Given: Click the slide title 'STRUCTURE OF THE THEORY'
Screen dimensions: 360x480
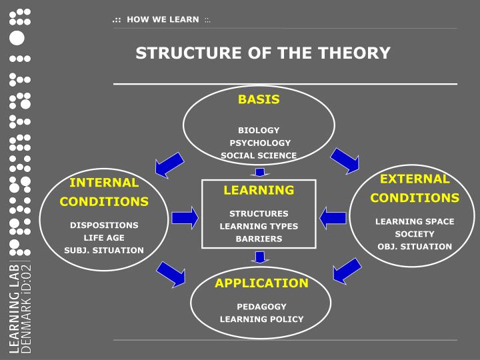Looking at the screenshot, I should tap(263, 53).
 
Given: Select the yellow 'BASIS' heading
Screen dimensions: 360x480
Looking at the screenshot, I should tap(259, 100).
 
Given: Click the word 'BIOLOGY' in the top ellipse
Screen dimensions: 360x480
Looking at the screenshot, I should tap(259, 130).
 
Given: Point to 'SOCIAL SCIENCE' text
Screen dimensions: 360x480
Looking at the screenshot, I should tap(259, 155).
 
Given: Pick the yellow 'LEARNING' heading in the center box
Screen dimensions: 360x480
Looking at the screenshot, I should tap(259, 190).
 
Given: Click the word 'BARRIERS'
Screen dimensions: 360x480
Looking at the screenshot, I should tap(259, 238).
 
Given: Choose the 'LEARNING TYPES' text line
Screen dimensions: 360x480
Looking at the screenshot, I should tap(259, 226).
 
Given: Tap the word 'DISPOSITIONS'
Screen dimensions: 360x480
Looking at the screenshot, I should tap(104, 225).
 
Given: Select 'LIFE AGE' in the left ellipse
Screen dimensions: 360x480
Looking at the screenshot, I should tap(104, 237).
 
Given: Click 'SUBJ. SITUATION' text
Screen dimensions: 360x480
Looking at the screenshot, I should tap(104, 250).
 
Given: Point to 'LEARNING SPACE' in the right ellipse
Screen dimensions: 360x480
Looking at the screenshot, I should tap(415, 221).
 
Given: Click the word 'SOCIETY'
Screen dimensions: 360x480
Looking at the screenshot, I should tap(415, 234).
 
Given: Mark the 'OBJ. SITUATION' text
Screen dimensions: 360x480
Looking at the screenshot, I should tap(415, 247).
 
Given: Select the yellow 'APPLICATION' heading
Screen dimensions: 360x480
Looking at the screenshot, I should tap(261, 283).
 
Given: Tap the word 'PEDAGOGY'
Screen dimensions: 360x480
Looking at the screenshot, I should tap(261, 307).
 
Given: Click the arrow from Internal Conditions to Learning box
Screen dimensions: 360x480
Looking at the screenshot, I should tap(185, 217).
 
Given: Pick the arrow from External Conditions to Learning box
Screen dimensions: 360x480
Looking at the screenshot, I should tap(333, 217).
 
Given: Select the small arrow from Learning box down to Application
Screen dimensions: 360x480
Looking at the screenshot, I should tap(261, 257).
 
